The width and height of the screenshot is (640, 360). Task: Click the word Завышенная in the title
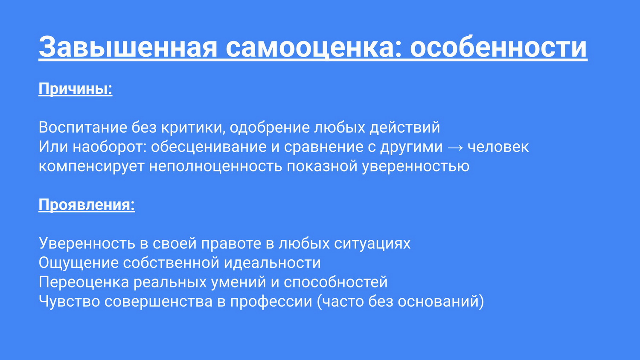[128, 47]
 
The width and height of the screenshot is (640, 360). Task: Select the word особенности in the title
[499, 46]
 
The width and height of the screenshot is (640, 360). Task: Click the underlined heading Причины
[76, 89]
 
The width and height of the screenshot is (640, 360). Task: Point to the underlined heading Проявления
[87, 205]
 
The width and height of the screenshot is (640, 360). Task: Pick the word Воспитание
[83, 127]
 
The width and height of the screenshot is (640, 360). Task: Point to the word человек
[498, 147]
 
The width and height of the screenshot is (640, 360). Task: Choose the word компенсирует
[91, 166]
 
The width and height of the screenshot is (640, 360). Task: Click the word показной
[322, 166]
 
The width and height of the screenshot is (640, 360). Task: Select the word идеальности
[272, 263]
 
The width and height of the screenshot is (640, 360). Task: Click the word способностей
[336, 282]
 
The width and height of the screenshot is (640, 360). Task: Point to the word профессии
[271, 302]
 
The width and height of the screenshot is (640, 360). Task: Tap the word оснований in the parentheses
[438, 302]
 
